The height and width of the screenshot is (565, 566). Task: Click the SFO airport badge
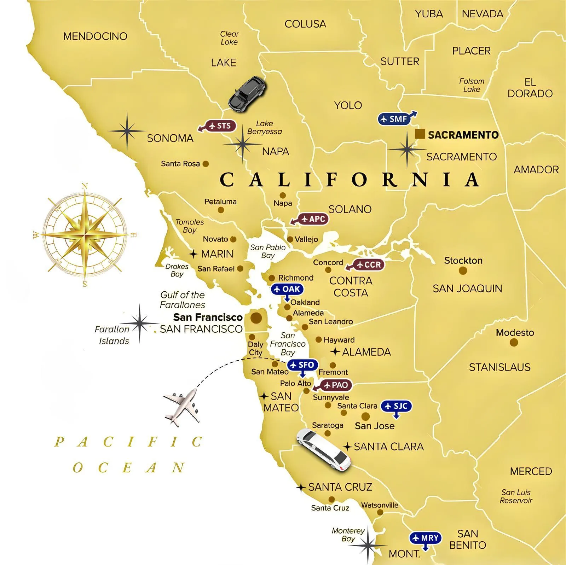coord(302,365)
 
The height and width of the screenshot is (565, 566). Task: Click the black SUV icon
coord(247,93)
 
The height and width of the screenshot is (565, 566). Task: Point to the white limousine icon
coord(324,450)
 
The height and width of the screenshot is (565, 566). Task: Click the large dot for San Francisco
coord(256,318)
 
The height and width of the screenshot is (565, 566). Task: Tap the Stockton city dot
coord(462,271)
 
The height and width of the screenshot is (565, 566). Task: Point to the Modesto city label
coord(515,332)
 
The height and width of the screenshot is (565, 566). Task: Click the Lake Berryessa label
coord(265,127)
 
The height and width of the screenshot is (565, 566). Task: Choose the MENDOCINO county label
coord(95,36)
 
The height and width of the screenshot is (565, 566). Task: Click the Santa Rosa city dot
coord(206,164)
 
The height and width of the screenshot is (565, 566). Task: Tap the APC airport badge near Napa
coord(313,219)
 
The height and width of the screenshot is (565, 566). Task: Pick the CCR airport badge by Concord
coord(369,265)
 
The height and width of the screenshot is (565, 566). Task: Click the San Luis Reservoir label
coord(516,496)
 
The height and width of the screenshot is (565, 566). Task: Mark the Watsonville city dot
coord(380,512)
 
